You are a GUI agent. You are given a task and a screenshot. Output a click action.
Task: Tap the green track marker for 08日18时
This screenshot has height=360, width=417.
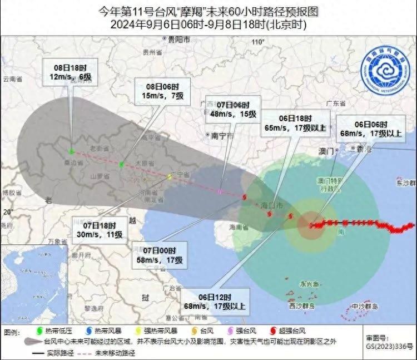pyautogui.click(x=71, y=151)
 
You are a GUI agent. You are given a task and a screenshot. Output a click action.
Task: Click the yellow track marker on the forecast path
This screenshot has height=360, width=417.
pyautogui.click(x=170, y=176)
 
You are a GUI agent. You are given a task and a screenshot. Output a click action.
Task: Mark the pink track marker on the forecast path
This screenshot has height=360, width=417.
pyautogui.click(x=220, y=191)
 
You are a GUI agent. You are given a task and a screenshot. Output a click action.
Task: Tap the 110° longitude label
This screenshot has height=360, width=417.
pyautogui.click(x=257, y=42)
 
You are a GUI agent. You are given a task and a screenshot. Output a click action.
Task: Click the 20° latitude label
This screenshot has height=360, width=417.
pyautogui.click(x=7, y=212)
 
